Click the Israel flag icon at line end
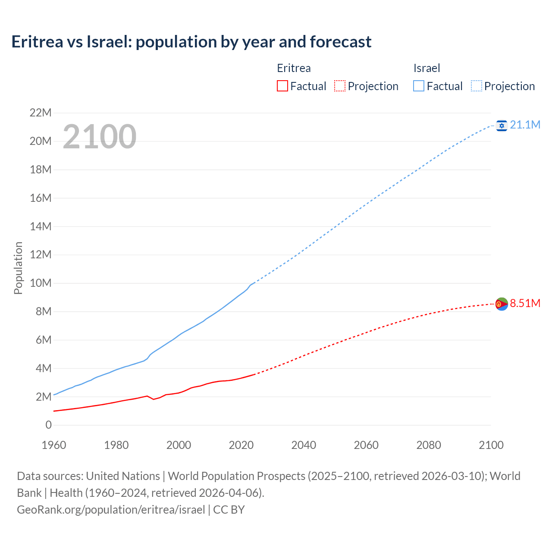coord(502,125)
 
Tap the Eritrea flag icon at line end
coord(502,304)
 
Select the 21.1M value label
coord(525,125)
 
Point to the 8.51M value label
coord(525,303)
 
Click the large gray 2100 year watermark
coord(100,137)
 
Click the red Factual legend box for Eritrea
coord(282,86)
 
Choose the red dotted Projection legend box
coord(340,86)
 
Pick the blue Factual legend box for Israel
coord(419,86)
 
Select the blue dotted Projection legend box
coord(477,86)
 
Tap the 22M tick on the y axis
coord(41,113)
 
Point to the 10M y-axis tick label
coord(41,283)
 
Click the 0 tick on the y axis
coord(48,425)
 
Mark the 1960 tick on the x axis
coord(54,445)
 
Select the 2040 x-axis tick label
coord(304,445)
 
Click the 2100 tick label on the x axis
coord(491,445)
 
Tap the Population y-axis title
coord(18,268)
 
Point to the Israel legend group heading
coord(427,68)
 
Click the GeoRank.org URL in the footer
coord(111,510)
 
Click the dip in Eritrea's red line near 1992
coord(154,399)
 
